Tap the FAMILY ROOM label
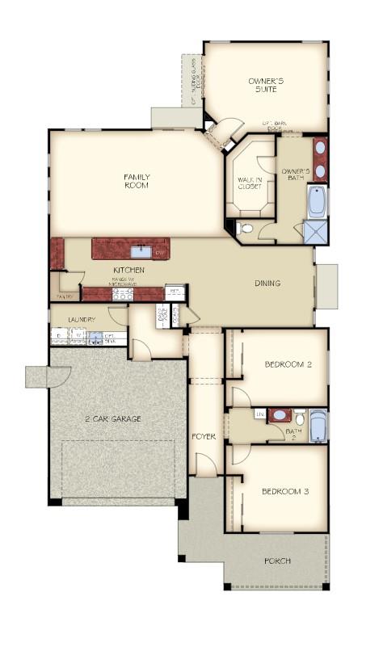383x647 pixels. click(x=137, y=181)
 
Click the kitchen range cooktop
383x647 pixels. click(x=121, y=293)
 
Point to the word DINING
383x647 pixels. click(x=267, y=284)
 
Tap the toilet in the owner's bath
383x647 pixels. click(x=247, y=229)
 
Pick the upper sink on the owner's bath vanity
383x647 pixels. click(x=320, y=148)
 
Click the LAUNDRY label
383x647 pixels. click(x=82, y=320)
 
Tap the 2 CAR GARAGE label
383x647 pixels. click(x=113, y=418)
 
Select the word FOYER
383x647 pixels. click(x=203, y=436)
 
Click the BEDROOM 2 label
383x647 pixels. click(x=288, y=364)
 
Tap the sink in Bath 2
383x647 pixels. click(x=280, y=415)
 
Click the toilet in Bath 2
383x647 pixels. click(x=299, y=418)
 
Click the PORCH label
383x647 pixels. click(x=278, y=561)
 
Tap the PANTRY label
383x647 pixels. click(x=64, y=296)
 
